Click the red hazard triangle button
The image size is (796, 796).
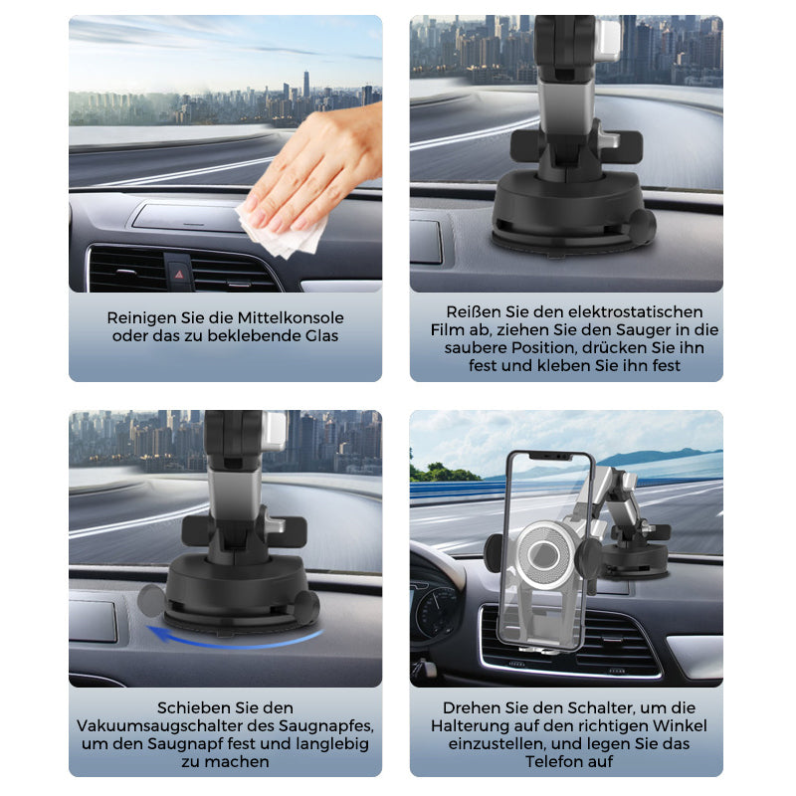point(179,275)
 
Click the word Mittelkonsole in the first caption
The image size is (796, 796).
point(291,318)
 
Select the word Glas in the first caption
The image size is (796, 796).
point(321,336)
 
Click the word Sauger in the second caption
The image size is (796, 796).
point(644,330)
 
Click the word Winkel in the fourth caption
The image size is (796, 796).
point(679,726)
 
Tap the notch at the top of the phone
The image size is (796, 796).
point(550,456)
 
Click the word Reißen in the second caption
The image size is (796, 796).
point(470,311)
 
